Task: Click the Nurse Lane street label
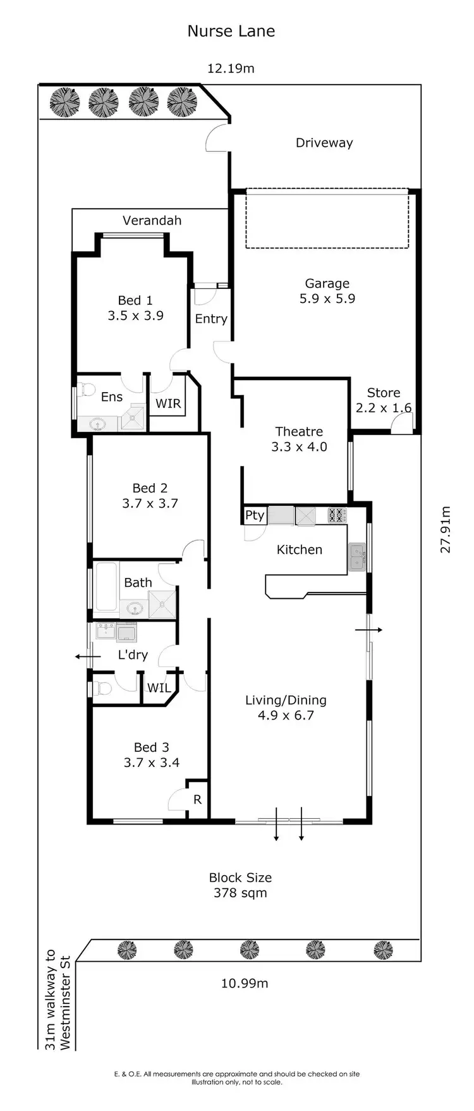click(x=231, y=31)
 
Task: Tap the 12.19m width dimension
click(x=231, y=68)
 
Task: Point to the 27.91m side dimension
click(x=446, y=529)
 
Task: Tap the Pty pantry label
click(x=254, y=515)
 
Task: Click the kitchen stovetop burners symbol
click(x=337, y=515)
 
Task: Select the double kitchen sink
click(x=357, y=557)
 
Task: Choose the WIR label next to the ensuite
click(x=167, y=403)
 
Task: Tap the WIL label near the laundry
click(x=158, y=687)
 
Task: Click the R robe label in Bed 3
click(x=197, y=799)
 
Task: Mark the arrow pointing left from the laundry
click(x=87, y=657)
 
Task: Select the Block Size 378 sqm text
click(x=240, y=885)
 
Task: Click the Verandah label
click(x=152, y=220)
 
